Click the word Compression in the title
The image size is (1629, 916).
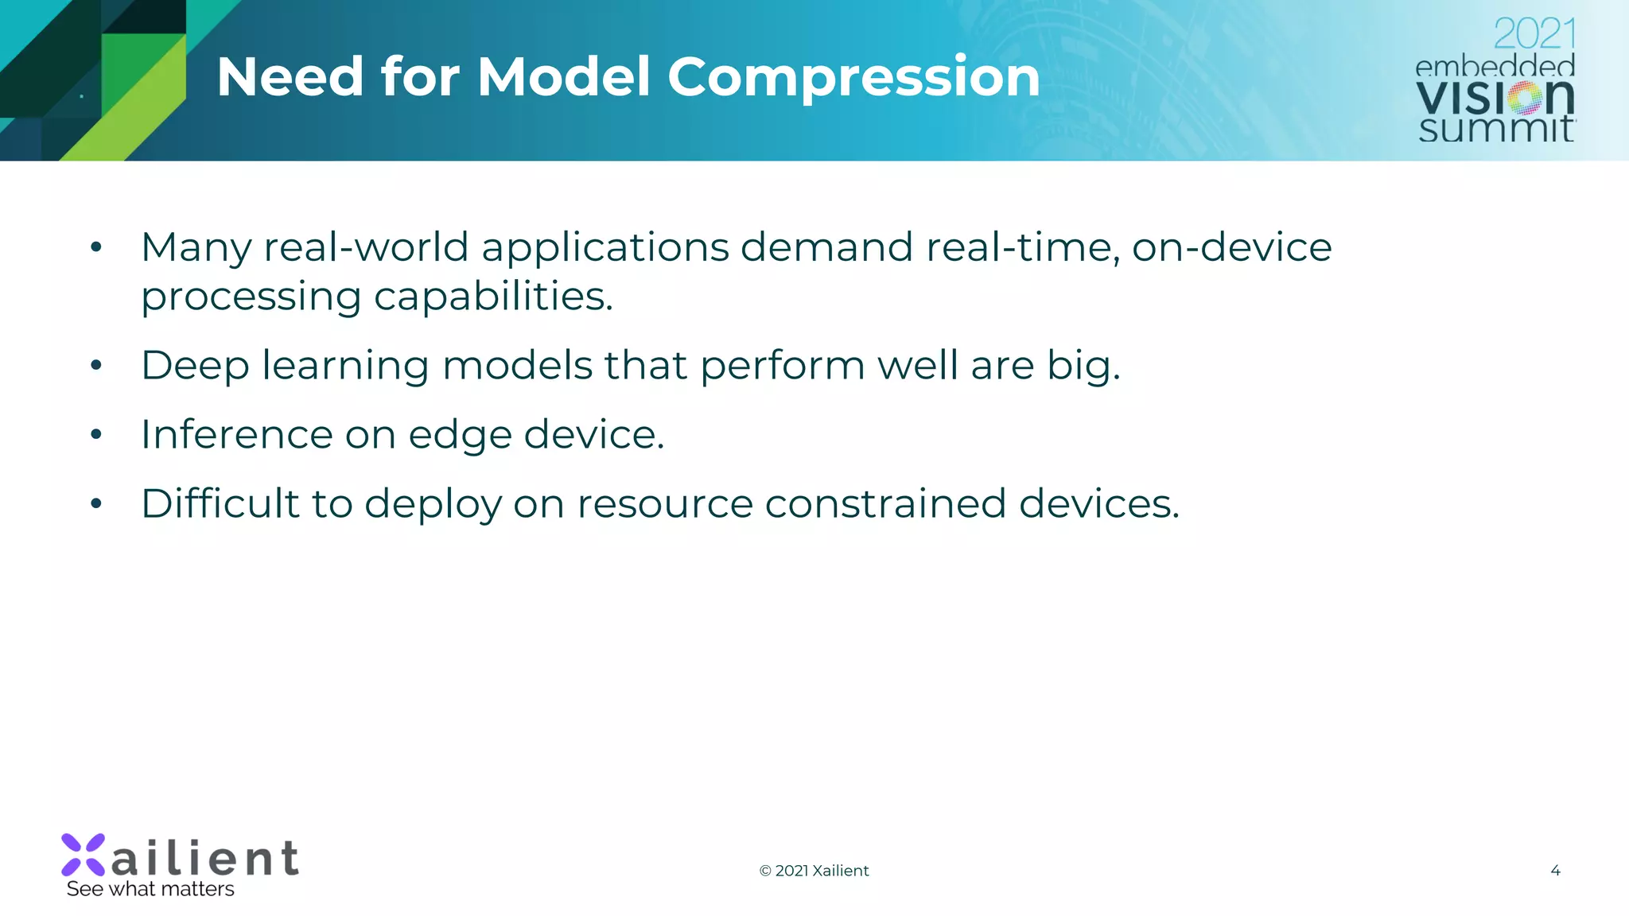[x=853, y=78]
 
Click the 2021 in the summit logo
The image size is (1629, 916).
[x=1534, y=34]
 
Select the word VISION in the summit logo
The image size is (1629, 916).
[x=1495, y=98]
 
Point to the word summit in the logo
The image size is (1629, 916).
[x=1495, y=129]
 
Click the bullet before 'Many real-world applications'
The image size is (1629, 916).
[x=96, y=247]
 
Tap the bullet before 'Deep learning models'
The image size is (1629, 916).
[x=96, y=366]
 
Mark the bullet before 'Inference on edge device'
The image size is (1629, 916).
[x=96, y=435]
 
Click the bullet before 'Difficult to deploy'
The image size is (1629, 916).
[x=96, y=504]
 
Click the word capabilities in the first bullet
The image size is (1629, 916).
[x=493, y=297]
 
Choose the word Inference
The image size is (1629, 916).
[x=236, y=435]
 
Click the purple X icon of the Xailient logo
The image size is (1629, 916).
[x=84, y=855]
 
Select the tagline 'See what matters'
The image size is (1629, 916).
[x=150, y=889]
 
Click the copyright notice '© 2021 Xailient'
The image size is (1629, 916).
[x=814, y=871]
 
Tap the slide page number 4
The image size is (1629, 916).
[x=1555, y=871]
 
